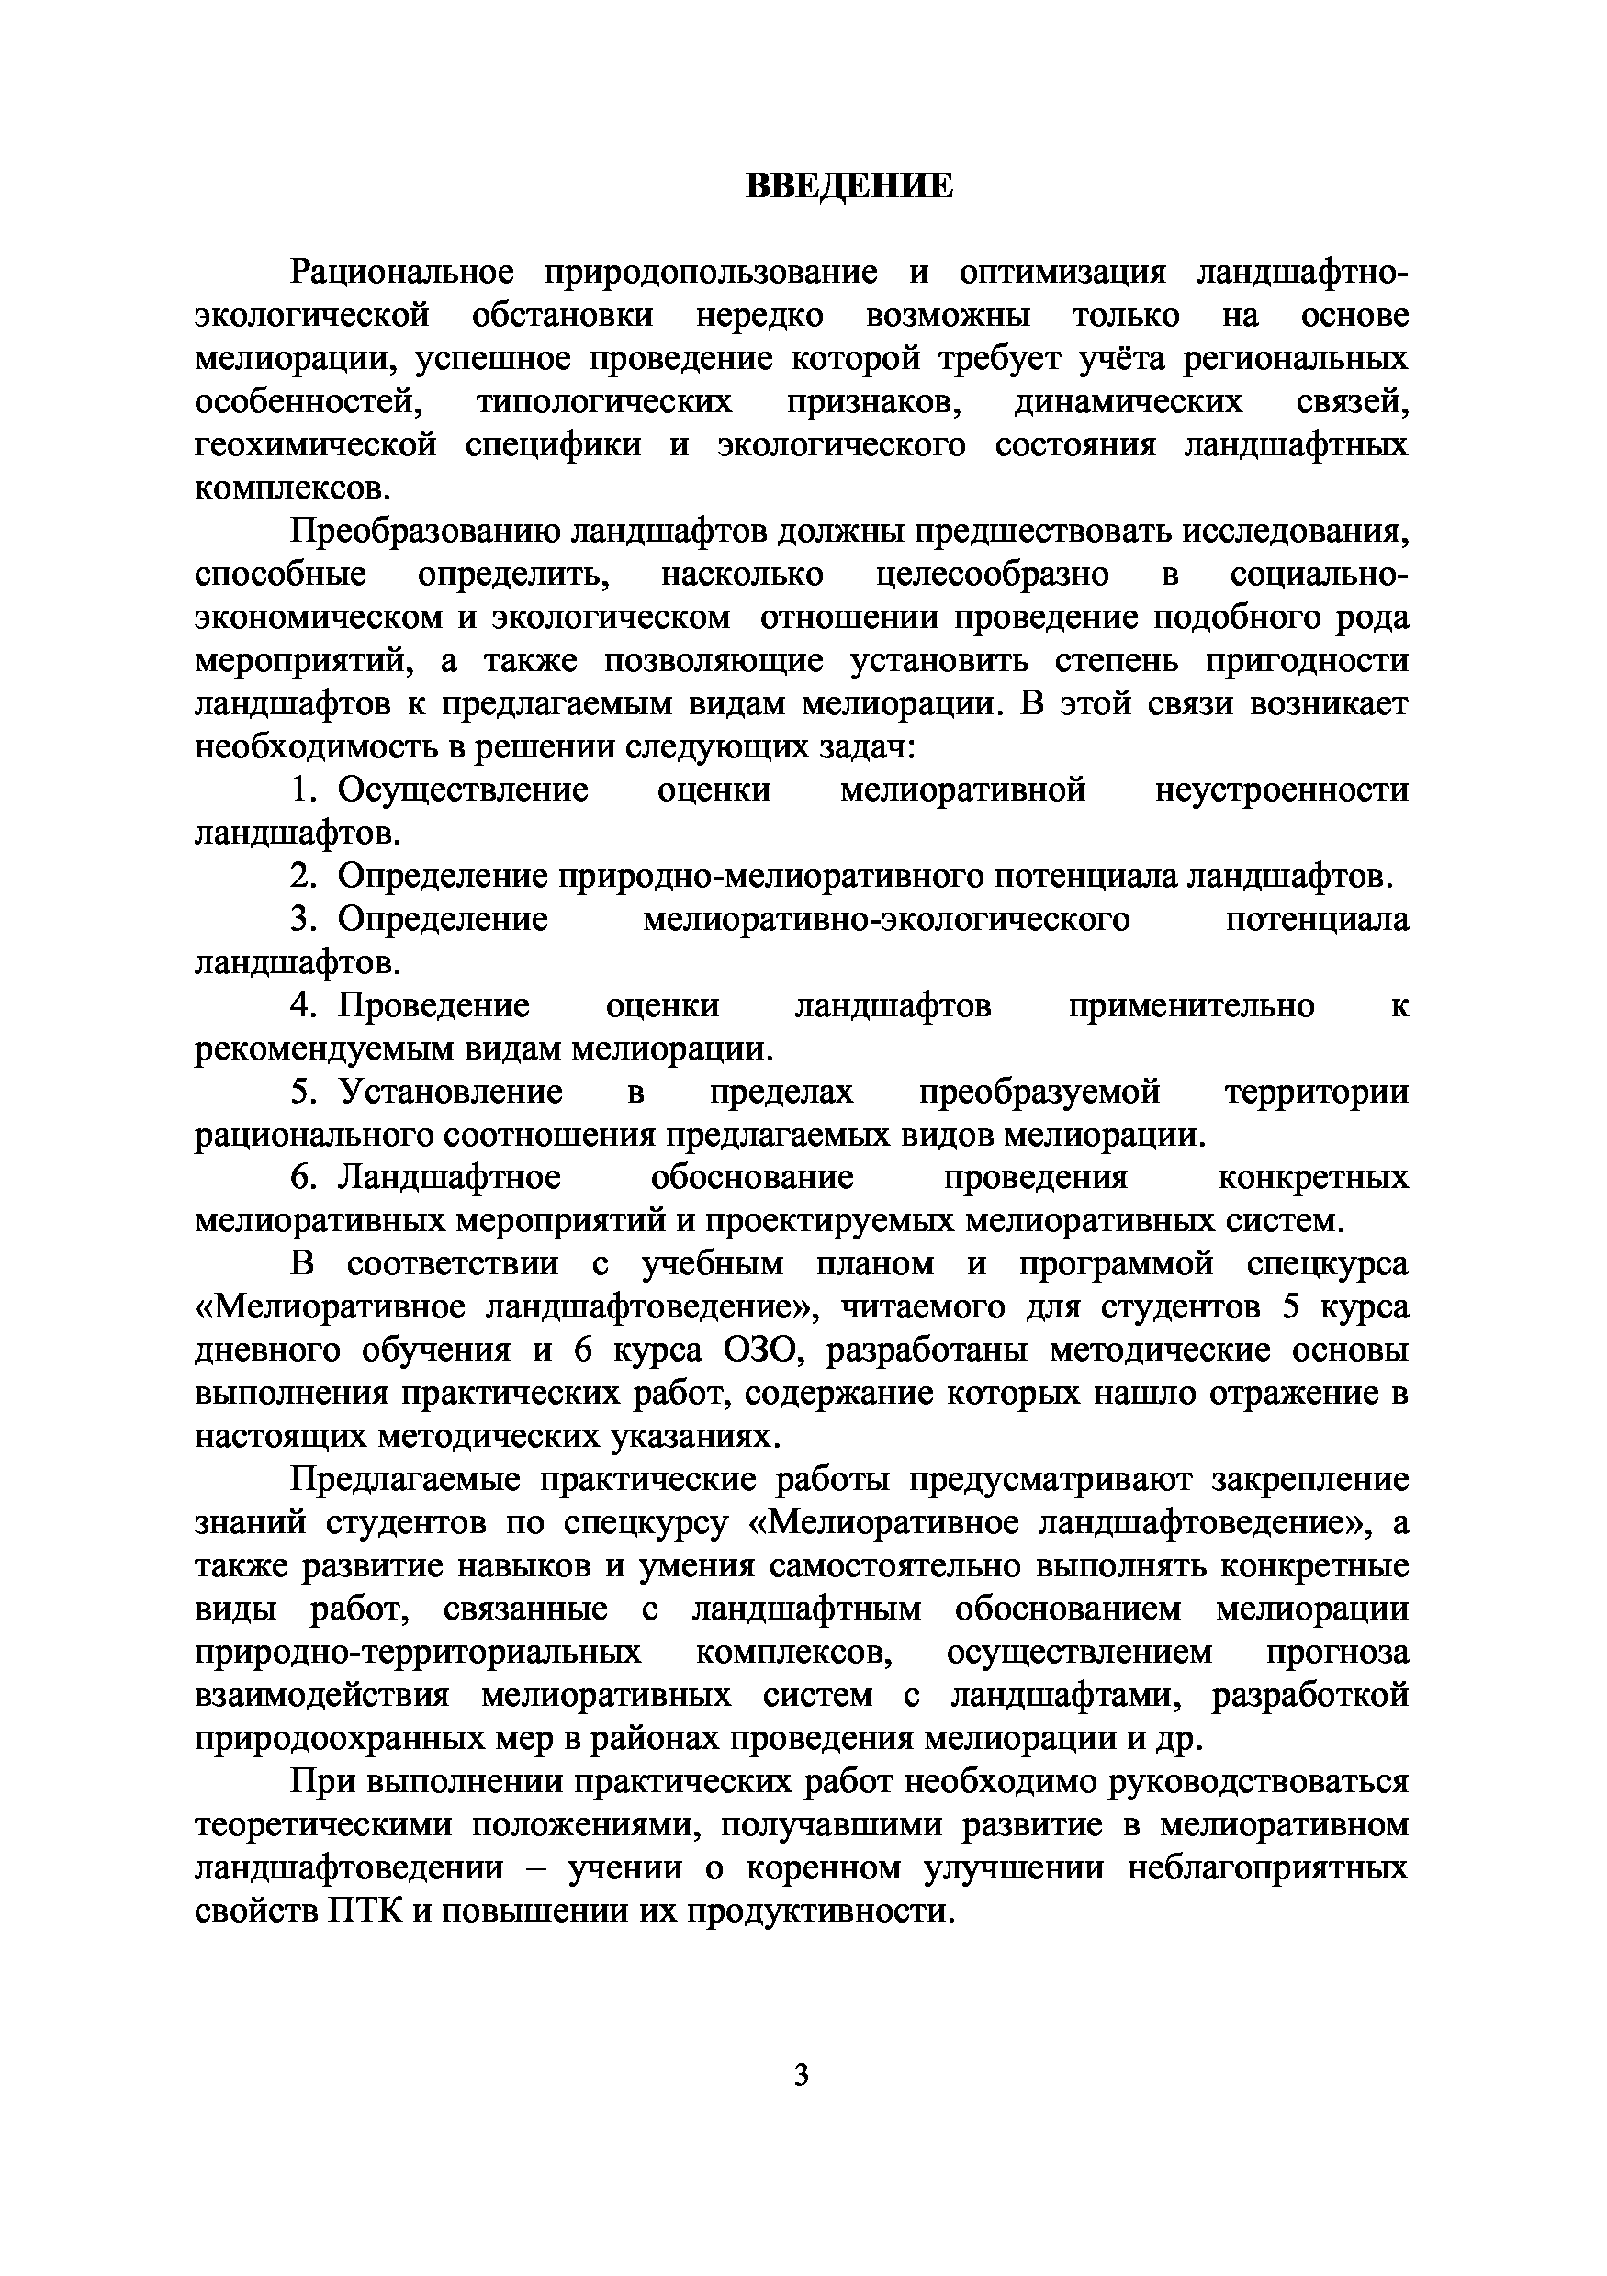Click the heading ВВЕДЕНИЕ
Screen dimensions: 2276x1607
tap(848, 185)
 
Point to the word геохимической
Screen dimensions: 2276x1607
tap(315, 445)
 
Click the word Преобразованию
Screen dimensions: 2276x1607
tap(424, 533)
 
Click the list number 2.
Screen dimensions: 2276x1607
tap(301, 876)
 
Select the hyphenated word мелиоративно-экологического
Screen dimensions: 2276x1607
tap(885, 920)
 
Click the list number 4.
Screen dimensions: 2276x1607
tap(301, 1006)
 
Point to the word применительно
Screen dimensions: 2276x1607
tap(1192, 1006)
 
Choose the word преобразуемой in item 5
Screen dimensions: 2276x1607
tap(1039, 1093)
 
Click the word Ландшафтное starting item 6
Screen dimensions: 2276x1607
tap(449, 1179)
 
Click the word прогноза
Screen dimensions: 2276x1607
tap(1336, 1654)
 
